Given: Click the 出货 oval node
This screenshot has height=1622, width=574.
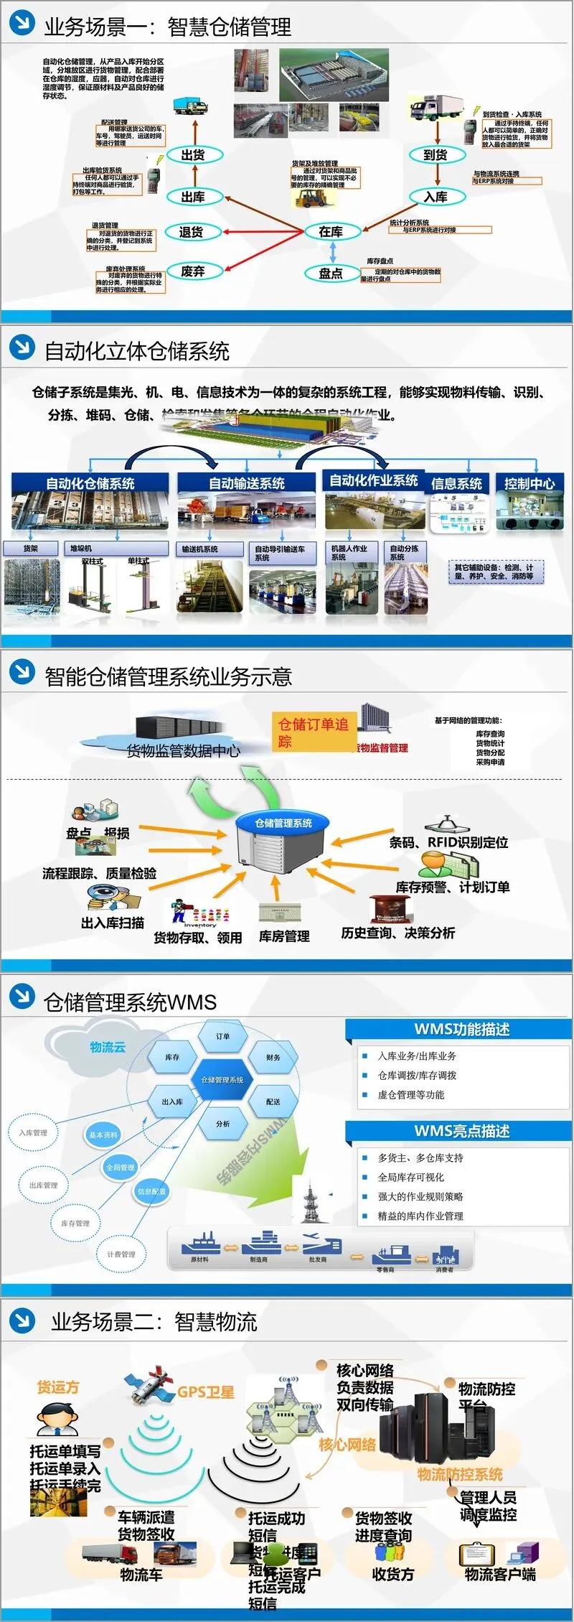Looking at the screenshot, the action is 192,155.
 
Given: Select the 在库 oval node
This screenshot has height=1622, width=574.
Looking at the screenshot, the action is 331,232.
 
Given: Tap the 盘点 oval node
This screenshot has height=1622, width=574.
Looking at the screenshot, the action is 331,274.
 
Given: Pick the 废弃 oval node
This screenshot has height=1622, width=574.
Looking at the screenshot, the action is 192,271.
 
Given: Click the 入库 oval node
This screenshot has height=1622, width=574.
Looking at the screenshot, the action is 436,197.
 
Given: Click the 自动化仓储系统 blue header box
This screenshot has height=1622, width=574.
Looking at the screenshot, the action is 90,483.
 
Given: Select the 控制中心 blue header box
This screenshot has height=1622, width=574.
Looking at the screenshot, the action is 529,483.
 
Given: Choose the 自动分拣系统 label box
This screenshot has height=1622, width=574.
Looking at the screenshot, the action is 404,552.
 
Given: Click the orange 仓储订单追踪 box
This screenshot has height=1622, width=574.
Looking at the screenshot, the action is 314,732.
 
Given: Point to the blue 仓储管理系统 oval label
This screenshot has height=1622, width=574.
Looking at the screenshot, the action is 283,823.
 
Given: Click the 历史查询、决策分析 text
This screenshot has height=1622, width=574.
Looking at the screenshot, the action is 398,933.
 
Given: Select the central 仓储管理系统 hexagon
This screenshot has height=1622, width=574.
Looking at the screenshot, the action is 222,1080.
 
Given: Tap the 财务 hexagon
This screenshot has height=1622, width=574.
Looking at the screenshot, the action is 273,1058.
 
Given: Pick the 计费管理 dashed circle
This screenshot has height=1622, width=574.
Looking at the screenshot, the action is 121,1254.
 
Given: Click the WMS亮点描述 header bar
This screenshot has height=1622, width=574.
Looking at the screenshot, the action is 462,1132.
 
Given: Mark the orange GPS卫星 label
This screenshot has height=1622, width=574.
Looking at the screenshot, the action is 206,1392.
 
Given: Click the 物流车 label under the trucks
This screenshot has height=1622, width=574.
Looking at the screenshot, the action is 141,1575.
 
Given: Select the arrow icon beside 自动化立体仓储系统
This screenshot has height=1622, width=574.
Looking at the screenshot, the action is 22,348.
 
